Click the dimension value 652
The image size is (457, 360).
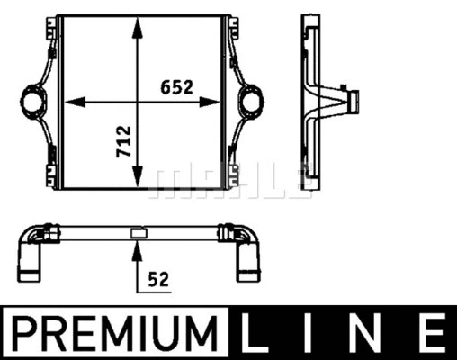click(x=176, y=87)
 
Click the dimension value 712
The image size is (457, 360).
click(x=124, y=141)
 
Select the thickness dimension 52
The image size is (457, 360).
click(x=158, y=279)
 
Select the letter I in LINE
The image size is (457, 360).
click(x=307, y=333)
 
